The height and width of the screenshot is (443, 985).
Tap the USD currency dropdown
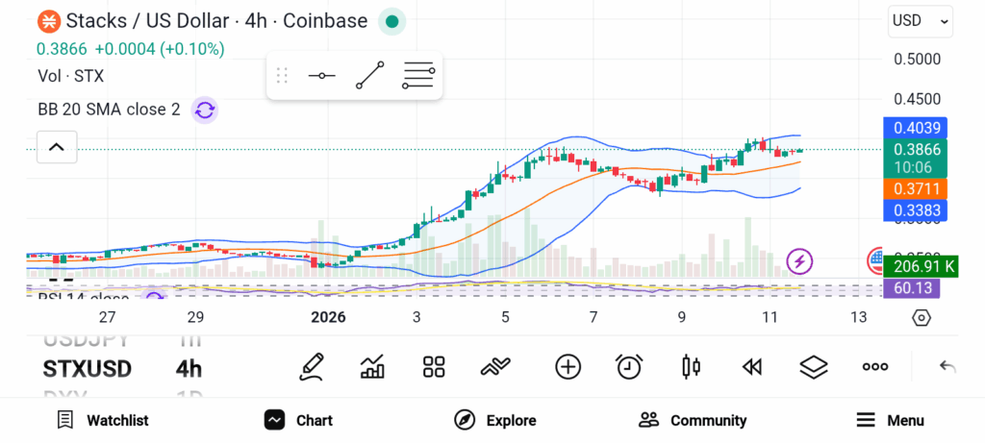(x=921, y=20)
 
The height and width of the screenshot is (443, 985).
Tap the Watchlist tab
(x=103, y=420)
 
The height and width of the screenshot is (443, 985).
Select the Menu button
(x=890, y=420)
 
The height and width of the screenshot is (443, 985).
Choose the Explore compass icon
(x=466, y=420)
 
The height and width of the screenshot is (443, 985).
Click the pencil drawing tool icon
(x=311, y=366)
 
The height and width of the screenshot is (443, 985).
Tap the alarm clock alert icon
(x=629, y=366)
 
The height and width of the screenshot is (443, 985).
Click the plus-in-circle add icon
(x=568, y=366)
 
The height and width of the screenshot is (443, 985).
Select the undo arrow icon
(x=947, y=366)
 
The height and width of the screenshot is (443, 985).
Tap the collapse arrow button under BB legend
(x=56, y=147)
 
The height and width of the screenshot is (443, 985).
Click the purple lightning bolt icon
(x=800, y=260)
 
